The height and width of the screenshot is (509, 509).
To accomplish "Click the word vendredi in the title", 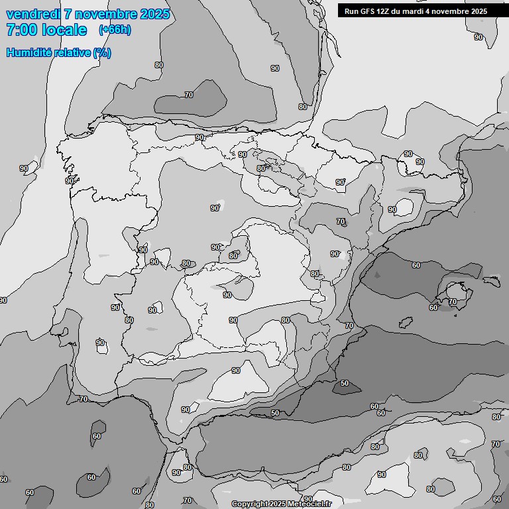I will pyautogui.click(x=34, y=14).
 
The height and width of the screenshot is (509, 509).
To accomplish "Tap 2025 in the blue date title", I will pyautogui.click(x=154, y=14).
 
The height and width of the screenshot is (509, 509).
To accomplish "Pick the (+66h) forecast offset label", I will pyautogui.click(x=115, y=30).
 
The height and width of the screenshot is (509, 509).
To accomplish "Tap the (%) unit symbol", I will pyautogui.click(x=102, y=52).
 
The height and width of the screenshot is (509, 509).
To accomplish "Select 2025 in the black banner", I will pyautogui.click(x=477, y=11).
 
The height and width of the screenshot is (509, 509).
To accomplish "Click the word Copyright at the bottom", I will pyautogui.click(x=250, y=504).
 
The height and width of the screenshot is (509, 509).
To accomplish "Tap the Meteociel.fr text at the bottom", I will pyautogui.click(x=309, y=504).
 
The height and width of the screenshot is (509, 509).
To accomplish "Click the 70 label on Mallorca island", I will pyautogui.click(x=453, y=302).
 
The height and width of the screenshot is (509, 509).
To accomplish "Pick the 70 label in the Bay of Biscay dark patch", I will pyautogui.click(x=189, y=95).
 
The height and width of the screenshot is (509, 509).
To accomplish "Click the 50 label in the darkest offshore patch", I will pyautogui.click(x=345, y=383).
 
